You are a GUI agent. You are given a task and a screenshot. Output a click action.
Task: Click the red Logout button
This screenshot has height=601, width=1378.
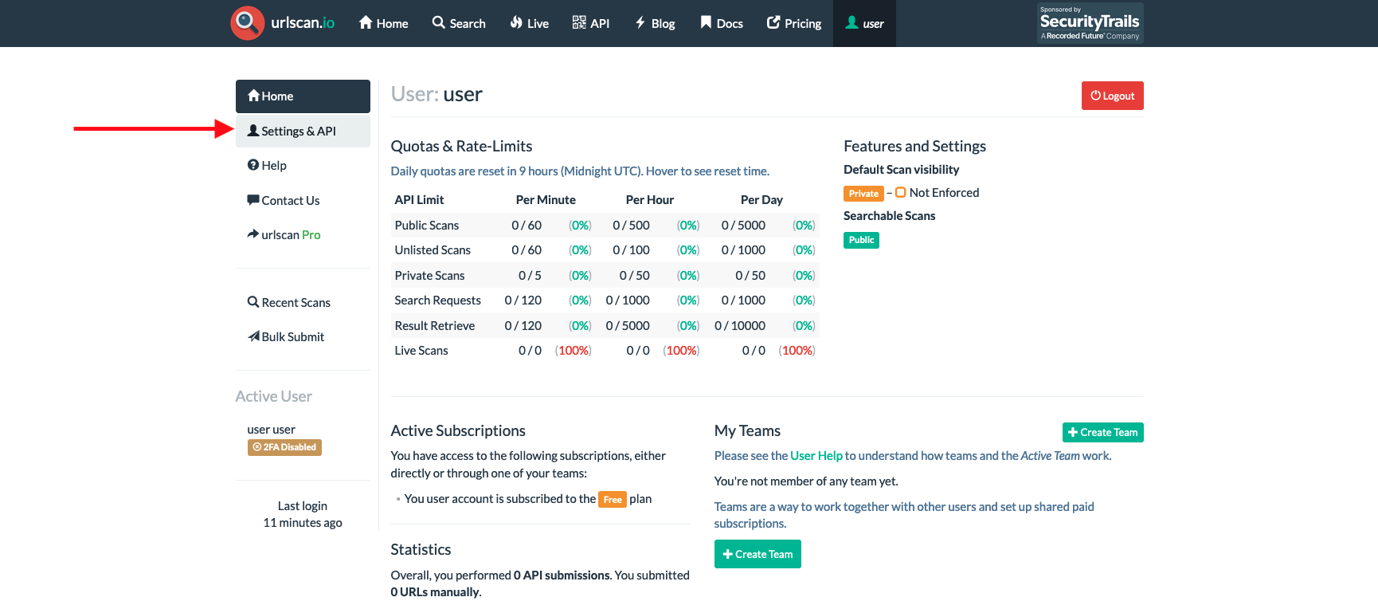pos(1112,96)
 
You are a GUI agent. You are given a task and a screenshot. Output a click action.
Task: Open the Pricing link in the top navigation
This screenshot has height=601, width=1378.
pos(794,23)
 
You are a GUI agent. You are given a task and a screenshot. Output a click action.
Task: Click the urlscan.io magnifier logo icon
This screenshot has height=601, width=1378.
pos(247,22)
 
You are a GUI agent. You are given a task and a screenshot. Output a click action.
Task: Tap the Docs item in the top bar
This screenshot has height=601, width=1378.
pos(722,23)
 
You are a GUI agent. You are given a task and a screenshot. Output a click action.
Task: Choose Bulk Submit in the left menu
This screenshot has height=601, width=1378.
pos(292,337)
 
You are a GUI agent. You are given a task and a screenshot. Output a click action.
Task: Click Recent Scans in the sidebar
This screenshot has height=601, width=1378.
pos(296,303)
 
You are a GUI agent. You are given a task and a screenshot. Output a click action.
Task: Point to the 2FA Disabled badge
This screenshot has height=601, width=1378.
pos(284,447)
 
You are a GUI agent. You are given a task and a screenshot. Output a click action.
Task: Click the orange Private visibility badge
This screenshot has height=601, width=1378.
pos(863,194)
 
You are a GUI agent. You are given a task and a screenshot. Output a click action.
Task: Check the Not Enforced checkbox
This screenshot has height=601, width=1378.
pos(901,193)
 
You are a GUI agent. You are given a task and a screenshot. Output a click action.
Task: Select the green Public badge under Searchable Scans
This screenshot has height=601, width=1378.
pos(861,240)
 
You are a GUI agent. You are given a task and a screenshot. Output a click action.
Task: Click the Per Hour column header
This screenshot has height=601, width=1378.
pos(649,200)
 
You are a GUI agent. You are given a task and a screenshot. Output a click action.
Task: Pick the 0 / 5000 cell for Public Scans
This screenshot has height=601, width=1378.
pos(743,226)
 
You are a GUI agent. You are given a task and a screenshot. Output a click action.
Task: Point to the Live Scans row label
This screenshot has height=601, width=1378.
pos(421,351)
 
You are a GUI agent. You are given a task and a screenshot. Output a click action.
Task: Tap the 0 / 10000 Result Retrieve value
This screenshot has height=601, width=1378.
pos(740,326)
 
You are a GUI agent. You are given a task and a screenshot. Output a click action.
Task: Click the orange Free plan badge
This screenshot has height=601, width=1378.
pos(612,500)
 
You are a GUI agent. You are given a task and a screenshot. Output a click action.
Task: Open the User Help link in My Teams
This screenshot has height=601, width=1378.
pos(816,456)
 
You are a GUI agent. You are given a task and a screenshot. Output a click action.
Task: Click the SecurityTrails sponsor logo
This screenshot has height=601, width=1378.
pos(1090,23)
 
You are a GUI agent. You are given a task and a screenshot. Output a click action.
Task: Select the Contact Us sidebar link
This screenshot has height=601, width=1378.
pos(290,201)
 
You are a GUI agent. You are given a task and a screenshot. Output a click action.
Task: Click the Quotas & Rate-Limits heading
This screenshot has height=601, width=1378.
pos(461,147)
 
